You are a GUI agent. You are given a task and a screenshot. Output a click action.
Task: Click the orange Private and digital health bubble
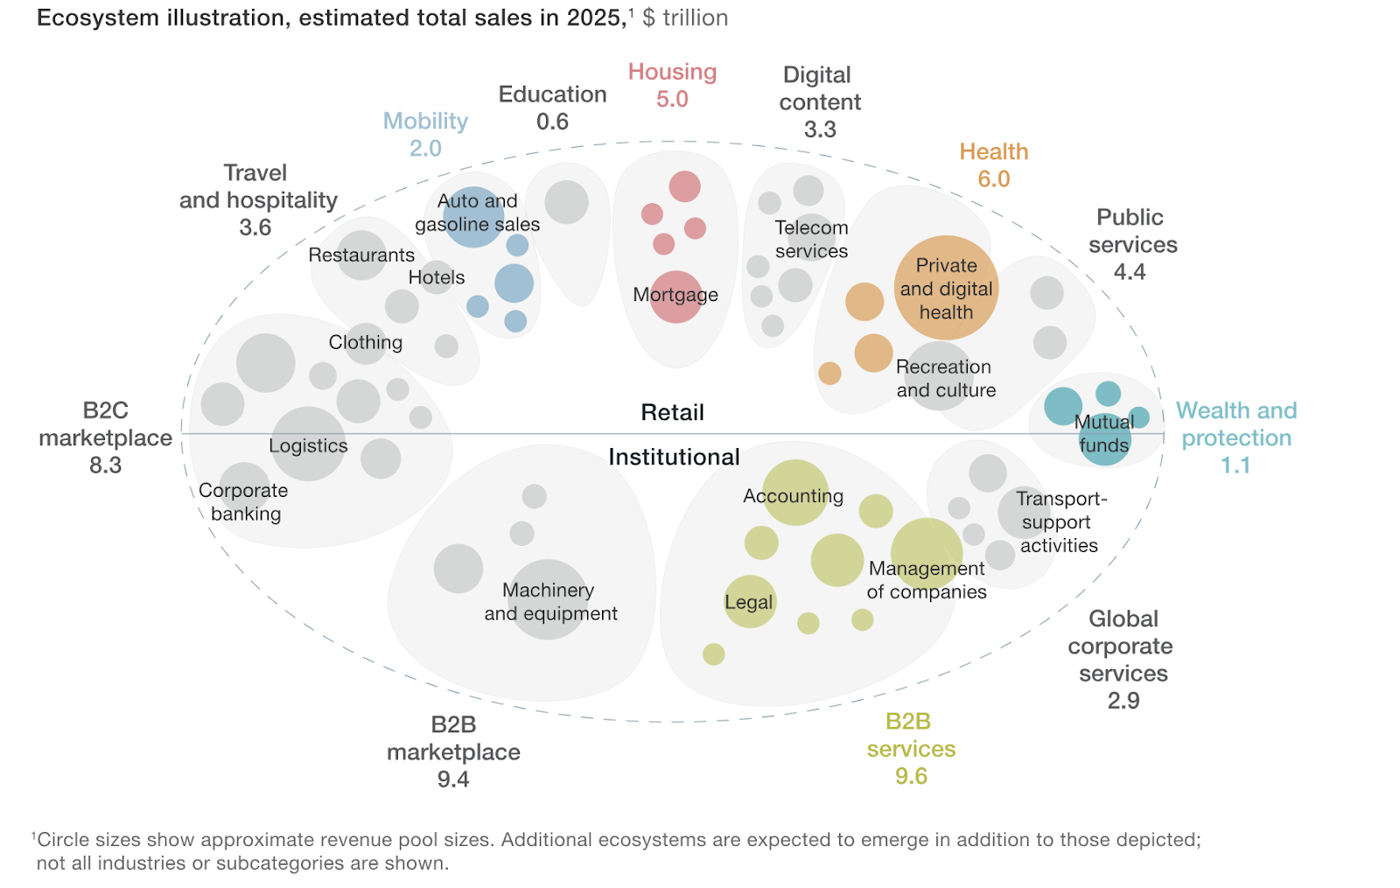click(x=946, y=288)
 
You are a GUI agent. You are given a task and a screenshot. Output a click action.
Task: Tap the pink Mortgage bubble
click(x=675, y=297)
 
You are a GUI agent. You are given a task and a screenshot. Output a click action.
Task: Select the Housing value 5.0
click(x=672, y=99)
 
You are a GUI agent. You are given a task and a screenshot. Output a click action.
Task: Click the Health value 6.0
click(x=993, y=178)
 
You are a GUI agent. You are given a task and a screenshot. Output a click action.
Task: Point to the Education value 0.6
click(x=552, y=122)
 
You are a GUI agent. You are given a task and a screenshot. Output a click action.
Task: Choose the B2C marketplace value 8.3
click(x=105, y=465)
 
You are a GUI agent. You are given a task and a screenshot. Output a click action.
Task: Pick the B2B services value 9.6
click(x=911, y=776)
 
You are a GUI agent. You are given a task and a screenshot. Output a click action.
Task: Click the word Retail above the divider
click(x=672, y=412)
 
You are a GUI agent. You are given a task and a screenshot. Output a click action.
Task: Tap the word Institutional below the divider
click(x=674, y=457)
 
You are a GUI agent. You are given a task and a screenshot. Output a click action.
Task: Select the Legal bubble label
click(x=749, y=602)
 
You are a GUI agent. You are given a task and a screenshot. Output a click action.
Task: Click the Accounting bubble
click(x=794, y=493)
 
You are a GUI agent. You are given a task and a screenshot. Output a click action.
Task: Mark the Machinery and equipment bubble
click(x=548, y=600)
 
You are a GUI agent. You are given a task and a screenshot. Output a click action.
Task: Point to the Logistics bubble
click(x=308, y=444)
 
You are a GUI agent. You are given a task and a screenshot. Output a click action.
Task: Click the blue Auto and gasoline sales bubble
click(x=473, y=217)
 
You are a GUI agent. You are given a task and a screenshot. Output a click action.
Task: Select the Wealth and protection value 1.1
click(x=1235, y=465)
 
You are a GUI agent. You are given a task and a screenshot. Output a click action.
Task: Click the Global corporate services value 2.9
click(x=1123, y=701)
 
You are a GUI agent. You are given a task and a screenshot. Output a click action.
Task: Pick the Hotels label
click(x=437, y=277)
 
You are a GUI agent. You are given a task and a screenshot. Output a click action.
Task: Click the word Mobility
click(x=425, y=121)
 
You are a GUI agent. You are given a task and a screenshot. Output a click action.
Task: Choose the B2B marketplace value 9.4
click(x=453, y=779)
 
